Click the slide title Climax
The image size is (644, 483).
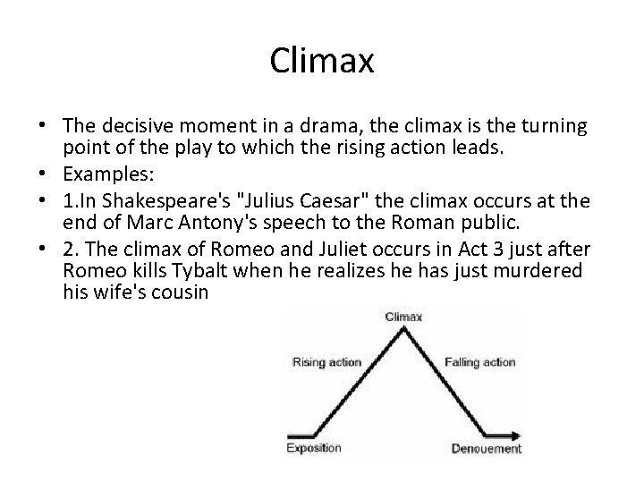(321, 62)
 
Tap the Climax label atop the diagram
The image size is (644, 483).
(403, 316)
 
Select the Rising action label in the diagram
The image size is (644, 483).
(326, 362)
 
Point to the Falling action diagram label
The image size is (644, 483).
(479, 362)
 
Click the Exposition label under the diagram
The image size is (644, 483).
(314, 448)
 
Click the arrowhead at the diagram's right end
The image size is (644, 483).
(516, 436)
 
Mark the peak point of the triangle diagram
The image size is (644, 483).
(403, 327)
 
